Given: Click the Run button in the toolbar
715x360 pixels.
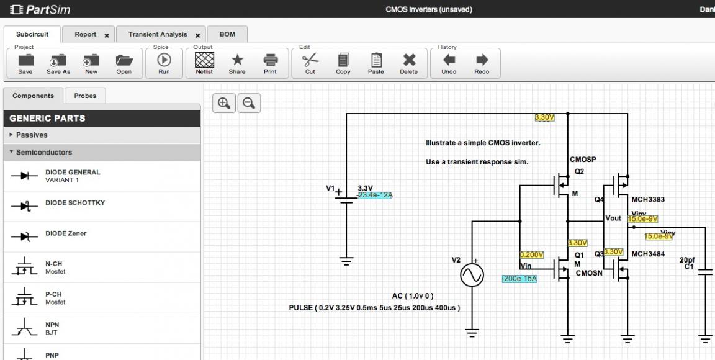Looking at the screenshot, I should (x=164, y=63).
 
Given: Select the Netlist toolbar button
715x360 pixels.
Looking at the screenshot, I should (x=204, y=63).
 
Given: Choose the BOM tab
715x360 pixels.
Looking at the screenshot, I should (x=227, y=35).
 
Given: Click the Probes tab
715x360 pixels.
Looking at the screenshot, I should (x=85, y=96).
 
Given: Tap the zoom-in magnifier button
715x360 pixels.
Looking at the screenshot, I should (x=224, y=104).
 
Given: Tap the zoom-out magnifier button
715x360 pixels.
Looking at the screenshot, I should (x=249, y=104).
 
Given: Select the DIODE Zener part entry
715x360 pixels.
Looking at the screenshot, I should (x=65, y=234).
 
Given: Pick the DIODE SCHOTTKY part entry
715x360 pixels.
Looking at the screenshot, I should (x=74, y=204).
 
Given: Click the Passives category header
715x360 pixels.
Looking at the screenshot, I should (x=32, y=135).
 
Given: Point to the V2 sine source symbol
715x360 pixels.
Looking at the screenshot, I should (x=471, y=274).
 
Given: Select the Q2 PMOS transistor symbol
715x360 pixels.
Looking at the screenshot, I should (x=562, y=184).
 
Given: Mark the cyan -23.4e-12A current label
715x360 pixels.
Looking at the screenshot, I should (x=375, y=196).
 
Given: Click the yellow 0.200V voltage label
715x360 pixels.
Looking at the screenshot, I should (x=532, y=254).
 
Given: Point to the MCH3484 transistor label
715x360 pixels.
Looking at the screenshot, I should (x=647, y=254).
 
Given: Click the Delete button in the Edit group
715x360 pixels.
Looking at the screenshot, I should (x=408, y=63).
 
